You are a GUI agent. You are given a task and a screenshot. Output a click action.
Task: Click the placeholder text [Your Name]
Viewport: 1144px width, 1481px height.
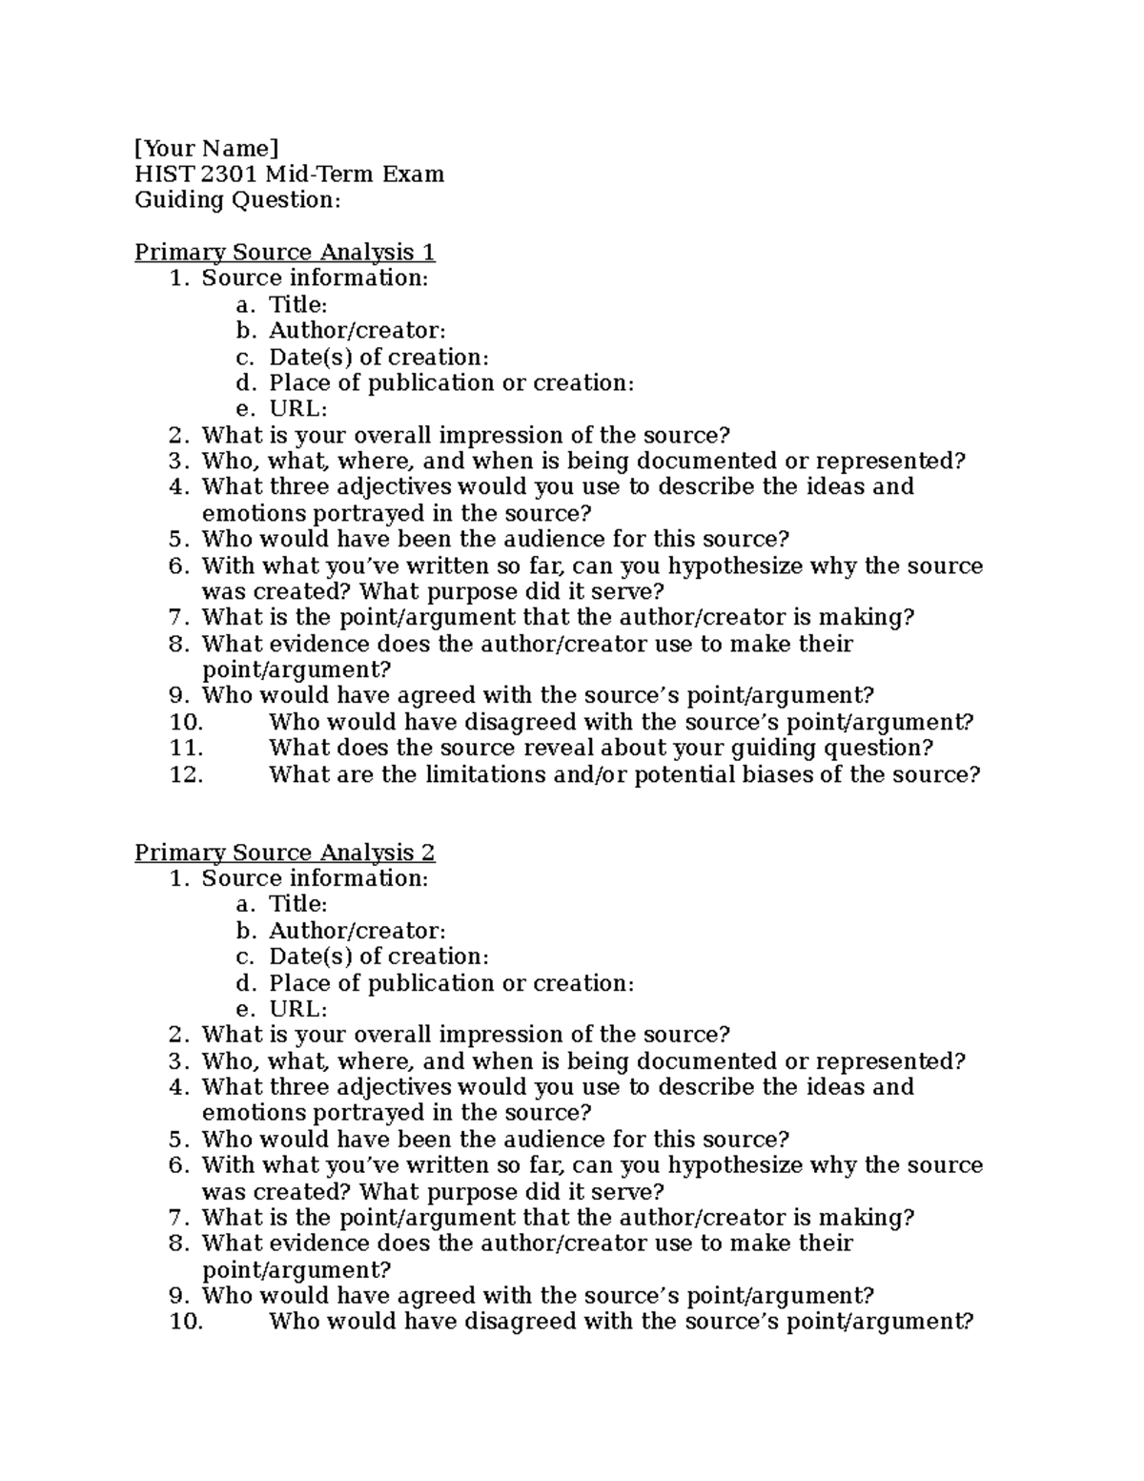point(207,148)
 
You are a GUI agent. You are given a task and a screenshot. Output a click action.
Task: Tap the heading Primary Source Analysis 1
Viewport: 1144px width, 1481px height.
point(284,252)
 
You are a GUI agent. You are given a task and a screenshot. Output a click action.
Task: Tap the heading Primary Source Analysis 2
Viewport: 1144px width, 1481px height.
point(284,852)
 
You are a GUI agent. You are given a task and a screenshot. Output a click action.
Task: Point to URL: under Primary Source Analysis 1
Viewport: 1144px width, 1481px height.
point(297,408)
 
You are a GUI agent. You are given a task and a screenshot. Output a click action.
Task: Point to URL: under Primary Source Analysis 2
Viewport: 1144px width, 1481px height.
point(297,1009)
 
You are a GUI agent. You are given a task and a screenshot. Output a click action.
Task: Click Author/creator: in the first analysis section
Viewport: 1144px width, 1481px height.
point(357,330)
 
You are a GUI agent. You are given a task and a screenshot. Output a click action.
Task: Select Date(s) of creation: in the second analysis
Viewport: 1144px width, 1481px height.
point(378,956)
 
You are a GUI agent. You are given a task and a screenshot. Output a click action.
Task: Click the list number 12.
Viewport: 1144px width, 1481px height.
point(187,774)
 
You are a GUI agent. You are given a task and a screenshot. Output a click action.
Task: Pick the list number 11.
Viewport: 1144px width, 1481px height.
point(187,748)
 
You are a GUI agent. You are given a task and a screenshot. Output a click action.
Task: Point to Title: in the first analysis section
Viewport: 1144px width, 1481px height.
point(297,304)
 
